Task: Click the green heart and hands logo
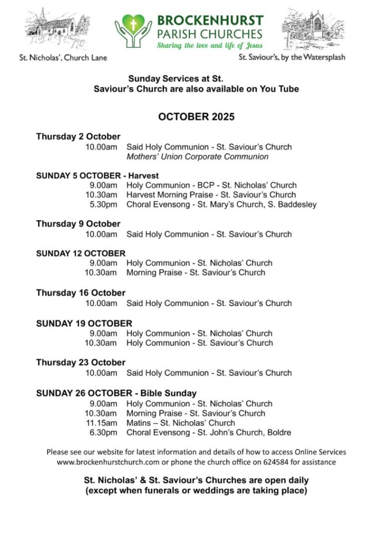(133, 29)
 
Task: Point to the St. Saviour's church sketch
(314, 28)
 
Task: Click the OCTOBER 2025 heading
(196, 117)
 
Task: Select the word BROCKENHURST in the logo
(210, 22)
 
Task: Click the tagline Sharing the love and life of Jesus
(209, 46)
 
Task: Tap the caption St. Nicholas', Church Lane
(62, 57)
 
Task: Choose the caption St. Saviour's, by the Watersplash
(292, 57)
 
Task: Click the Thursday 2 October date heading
(78, 137)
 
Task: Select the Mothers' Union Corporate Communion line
(197, 157)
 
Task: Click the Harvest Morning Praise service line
(211, 195)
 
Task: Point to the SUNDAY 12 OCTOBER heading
(81, 253)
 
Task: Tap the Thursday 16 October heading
(81, 293)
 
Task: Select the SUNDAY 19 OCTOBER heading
(84, 323)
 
